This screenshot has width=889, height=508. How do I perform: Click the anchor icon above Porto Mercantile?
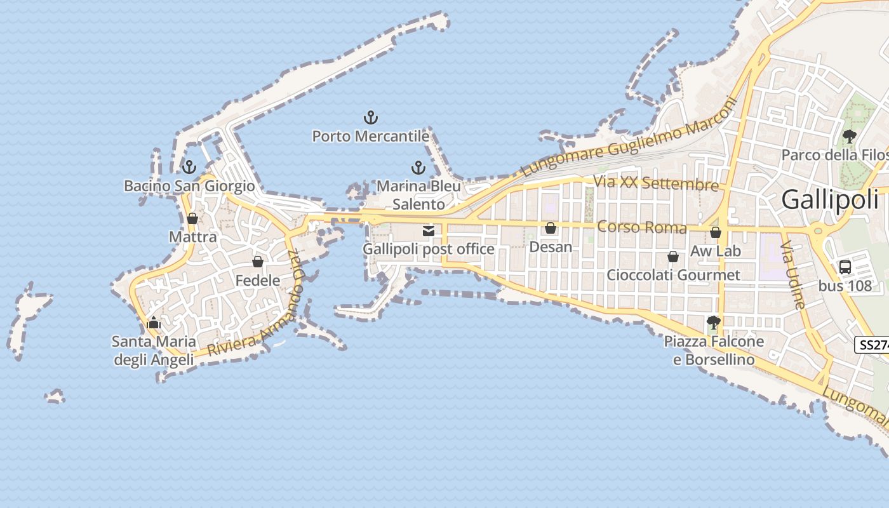(370, 117)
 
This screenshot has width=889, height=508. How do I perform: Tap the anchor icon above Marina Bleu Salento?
(418, 168)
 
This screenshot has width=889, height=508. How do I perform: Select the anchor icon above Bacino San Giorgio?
(189, 167)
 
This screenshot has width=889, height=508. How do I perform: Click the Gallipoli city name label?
(829, 199)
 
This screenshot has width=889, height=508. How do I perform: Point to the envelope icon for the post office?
(429, 231)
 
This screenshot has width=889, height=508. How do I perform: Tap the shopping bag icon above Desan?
(551, 228)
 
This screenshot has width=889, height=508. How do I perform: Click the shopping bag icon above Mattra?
(192, 218)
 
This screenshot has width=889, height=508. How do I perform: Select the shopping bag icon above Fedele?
(258, 262)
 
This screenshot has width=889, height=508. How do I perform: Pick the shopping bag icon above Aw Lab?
(716, 232)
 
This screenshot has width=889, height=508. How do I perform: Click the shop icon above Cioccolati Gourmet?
(673, 257)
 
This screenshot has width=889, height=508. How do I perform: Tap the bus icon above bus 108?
(845, 267)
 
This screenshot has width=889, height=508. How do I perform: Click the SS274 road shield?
(872, 345)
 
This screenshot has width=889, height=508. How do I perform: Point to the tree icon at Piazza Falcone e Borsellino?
(714, 323)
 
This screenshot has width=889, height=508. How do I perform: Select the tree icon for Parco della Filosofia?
(849, 136)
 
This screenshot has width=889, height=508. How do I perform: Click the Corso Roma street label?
(642, 227)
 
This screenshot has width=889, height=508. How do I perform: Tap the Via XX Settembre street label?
(656, 184)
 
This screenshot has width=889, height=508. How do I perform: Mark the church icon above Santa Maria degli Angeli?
(154, 323)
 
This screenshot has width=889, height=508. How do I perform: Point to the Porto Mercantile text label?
(370, 136)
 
